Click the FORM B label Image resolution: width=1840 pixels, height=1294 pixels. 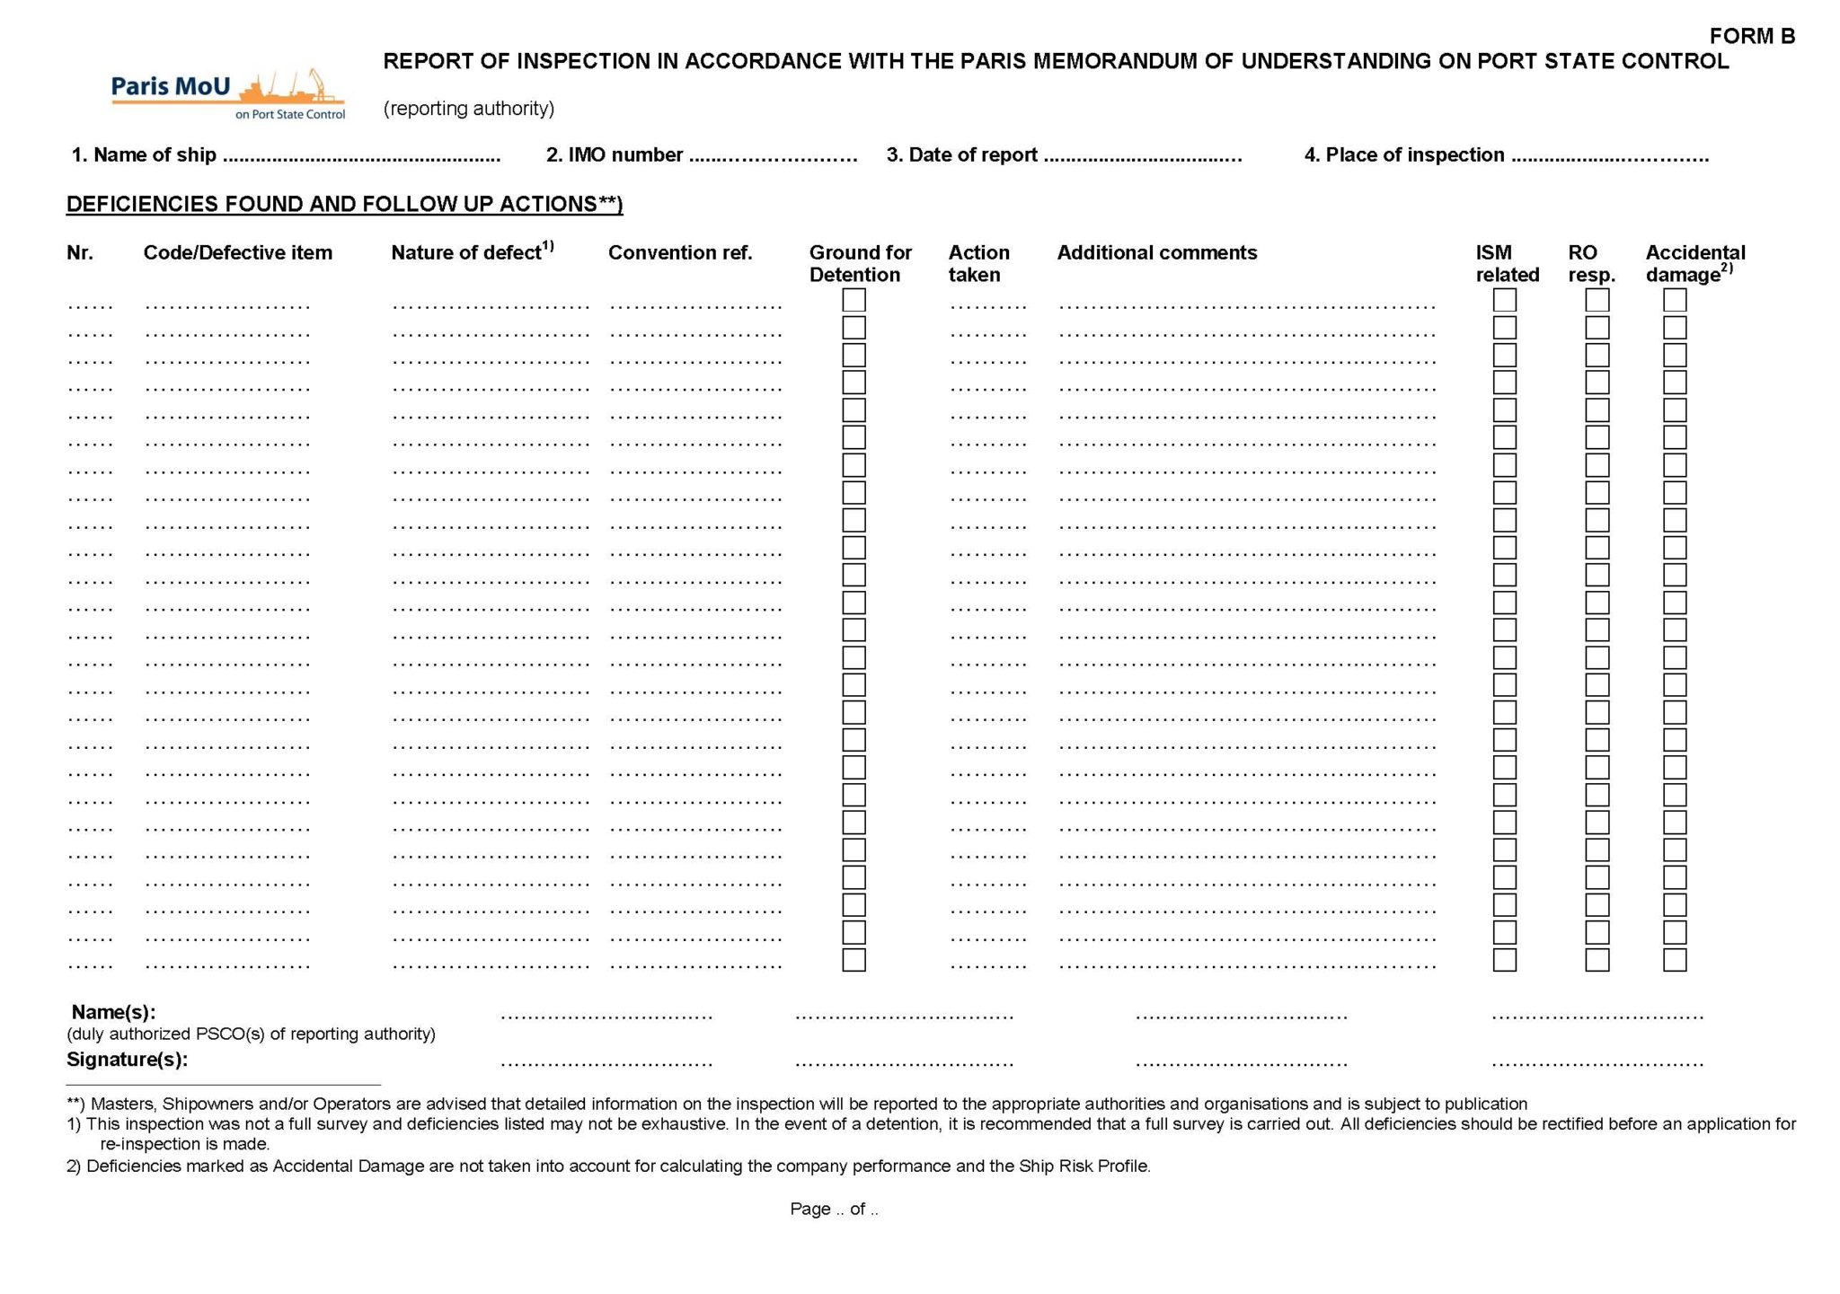click(1751, 36)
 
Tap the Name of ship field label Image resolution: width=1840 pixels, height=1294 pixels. click(144, 155)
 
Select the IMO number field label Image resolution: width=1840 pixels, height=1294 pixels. click(615, 155)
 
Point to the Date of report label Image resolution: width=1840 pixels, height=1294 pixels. click(961, 155)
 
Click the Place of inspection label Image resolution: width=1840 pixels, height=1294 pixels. click(1403, 155)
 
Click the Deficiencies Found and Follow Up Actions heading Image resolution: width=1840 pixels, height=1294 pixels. click(344, 204)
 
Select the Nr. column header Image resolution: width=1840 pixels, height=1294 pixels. click(79, 253)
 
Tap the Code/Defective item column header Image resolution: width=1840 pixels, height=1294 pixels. click(237, 253)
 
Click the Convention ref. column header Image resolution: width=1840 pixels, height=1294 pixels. click(679, 253)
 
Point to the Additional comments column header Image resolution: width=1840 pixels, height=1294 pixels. click(1156, 253)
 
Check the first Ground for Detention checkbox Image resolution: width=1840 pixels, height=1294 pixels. click(854, 300)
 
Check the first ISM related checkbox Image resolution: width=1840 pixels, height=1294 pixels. click(1504, 300)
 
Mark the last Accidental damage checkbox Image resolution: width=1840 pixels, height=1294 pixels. click(1675, 960)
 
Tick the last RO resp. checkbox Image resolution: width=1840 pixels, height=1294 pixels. click(1597, 960)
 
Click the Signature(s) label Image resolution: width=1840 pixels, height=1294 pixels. click(127, 1060)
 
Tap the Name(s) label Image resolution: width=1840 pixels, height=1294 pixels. click(113, 1012)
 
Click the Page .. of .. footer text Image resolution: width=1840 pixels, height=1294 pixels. click(834, 1210)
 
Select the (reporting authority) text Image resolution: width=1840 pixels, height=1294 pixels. click(468, 109)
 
